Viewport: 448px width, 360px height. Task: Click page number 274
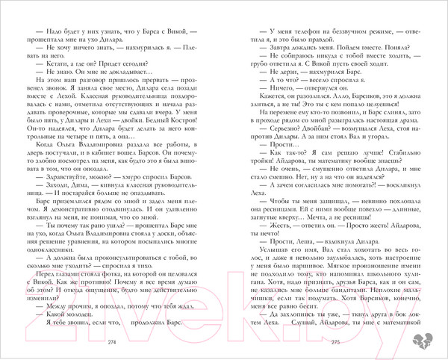pos(113,342)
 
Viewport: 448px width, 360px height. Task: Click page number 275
pos(335,342)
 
